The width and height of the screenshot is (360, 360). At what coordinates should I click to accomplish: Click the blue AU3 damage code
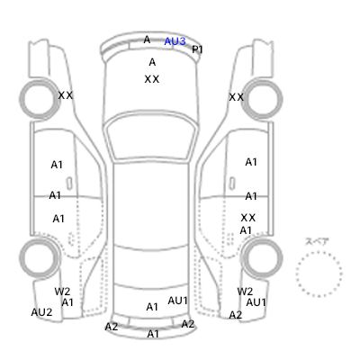175,41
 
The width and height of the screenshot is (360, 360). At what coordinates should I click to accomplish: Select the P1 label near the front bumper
197,49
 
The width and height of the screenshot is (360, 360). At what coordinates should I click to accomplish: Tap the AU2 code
41,312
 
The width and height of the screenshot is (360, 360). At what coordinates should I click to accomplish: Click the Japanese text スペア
317,241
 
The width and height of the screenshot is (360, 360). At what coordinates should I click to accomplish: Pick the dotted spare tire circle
296,274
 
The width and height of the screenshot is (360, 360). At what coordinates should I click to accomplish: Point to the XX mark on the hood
152,79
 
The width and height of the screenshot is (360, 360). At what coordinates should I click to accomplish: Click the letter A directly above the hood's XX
152,62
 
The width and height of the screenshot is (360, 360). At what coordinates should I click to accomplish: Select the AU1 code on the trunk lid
177,301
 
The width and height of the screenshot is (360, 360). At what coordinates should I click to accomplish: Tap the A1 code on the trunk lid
152,307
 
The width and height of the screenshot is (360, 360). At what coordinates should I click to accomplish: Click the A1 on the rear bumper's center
153,334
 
